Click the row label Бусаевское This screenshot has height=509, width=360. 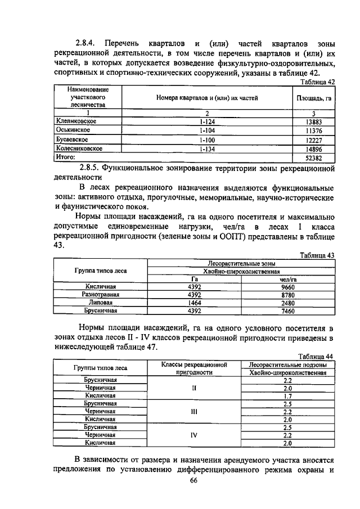(71, 139)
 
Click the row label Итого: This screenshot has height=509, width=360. (65, 157)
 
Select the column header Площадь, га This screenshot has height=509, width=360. (313, 98)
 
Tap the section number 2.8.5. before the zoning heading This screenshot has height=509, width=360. (94, 168)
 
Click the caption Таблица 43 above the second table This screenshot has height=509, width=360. (317, 255)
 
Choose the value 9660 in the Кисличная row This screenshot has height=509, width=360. (288, 286)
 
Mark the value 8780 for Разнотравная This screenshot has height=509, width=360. (288, 294)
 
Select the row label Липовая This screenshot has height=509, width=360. (101, 302)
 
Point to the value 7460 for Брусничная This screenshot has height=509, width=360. (288, 310)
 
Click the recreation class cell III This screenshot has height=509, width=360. (194, 411)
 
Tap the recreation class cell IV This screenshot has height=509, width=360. (194, 435)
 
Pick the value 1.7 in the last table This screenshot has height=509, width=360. (287, 396)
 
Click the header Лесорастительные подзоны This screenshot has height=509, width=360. (287, 364)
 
